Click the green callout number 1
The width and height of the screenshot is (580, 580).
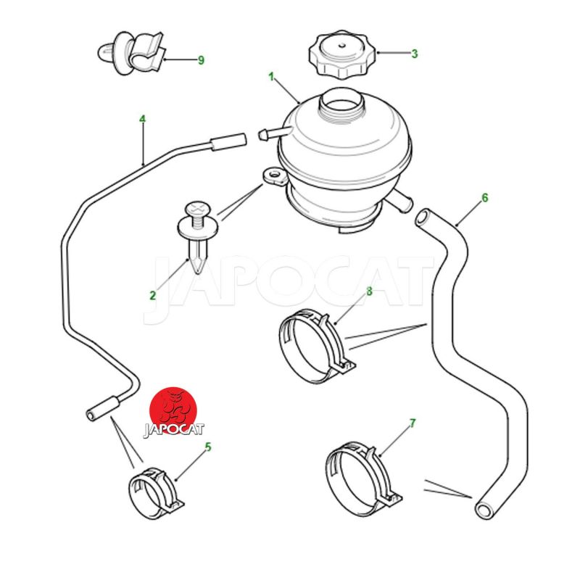tap(271, 77)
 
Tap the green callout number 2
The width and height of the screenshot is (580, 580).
tap(153, 296)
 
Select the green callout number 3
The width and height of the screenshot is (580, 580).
tap(415, 54)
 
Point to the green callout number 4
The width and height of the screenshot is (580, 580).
tap(142, 119)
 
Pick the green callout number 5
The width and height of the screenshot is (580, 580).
tap(208, 447)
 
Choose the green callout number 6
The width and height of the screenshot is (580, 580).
tap(485, 198)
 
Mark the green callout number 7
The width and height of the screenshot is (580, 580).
tap(413, 423)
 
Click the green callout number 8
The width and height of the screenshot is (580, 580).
tap(369, 292)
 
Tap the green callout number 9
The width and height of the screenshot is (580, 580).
tap(201, 60)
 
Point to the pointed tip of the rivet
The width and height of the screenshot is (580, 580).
tap(198, 273)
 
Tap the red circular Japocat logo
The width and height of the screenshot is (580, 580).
tap(173, 410)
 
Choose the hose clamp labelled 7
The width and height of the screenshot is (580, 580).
tap(363, 478)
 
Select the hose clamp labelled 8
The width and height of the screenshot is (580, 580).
tap(317, 346)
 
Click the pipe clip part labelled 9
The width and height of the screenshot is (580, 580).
tap(133, 53)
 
